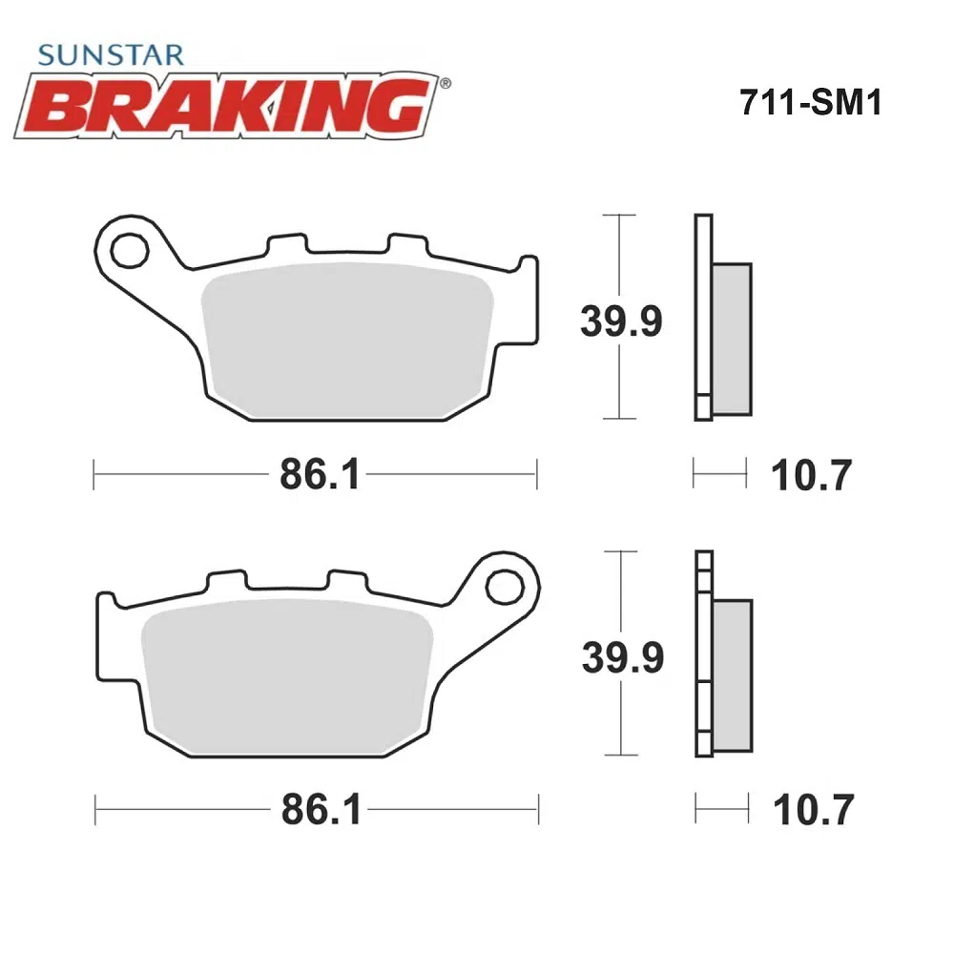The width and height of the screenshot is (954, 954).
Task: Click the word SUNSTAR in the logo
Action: coord(110,55)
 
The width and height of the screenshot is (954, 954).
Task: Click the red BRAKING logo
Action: coord(226,106)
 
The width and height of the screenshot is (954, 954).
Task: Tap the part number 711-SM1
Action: coord(810,102)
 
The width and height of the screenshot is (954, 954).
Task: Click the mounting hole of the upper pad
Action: coord(130,250)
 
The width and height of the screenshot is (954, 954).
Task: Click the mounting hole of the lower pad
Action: coord(505,587)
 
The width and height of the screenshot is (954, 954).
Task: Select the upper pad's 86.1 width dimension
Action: coord(320,474)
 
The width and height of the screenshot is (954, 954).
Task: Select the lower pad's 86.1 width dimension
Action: coord(321,810)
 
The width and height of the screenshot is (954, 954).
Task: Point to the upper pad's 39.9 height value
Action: coord(621,321)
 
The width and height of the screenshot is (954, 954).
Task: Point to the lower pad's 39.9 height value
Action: coord(623,657)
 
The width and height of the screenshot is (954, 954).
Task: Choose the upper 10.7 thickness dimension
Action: coord(811,474)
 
